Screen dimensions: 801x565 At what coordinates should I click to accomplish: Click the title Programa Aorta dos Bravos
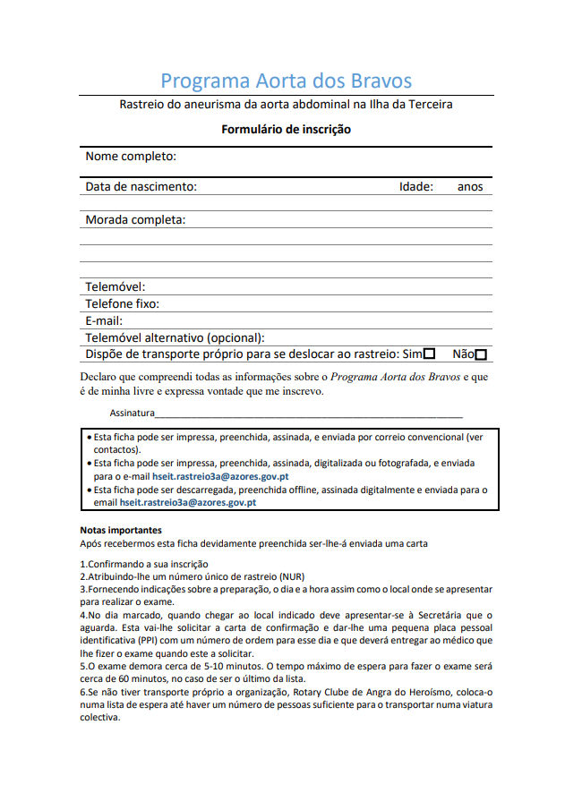pyautogui.click(x=286, y=81)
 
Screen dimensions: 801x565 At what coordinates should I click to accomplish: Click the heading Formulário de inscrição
pyautogui.click(x=286, y=129)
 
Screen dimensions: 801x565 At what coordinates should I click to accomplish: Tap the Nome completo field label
pyautogui.click(x=131, y=157)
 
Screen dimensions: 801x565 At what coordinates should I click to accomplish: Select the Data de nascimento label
pyautogui.click(x=141, y=187)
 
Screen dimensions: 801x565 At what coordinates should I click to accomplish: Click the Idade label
pyautogui.click(x=416, y=187)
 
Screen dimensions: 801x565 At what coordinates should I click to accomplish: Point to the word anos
pyautogui.click(x=470, y=187)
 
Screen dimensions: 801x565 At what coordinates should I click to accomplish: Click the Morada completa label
pyautogui.click(x=135, y=220)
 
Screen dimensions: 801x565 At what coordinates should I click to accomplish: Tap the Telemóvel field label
pyautogui.click(x=115, y=287)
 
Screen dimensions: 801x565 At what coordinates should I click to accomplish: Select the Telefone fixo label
pyautogui.click(x=122, y=304)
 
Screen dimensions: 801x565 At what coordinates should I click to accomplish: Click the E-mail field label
pyautogui.click(x=104, y=320)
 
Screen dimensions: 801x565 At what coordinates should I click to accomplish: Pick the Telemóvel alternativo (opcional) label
pyautogui.click(x=175, y=337)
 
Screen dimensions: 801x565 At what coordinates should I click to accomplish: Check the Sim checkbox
pyautogui.click(x=430, y=354)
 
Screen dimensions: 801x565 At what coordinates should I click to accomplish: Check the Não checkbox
pyautogui.click(x=482, y=354)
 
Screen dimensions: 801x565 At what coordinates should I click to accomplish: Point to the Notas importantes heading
pyautogui.click(x=121, y=530)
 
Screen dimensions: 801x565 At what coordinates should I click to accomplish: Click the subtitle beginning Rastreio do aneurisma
pyautogui.click(x=286, y=105)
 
